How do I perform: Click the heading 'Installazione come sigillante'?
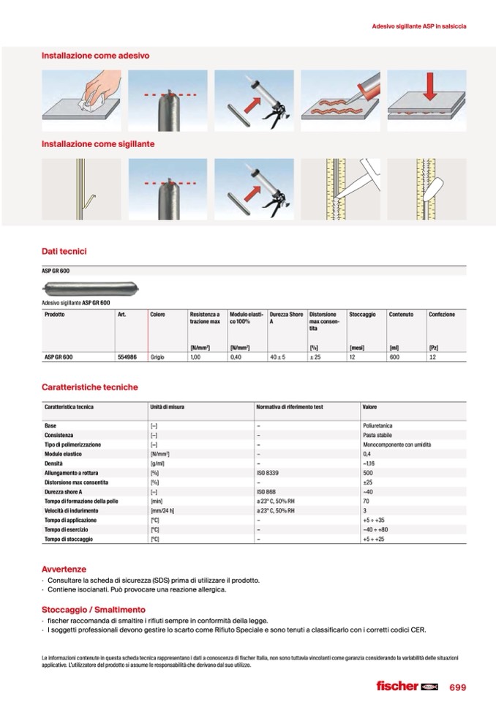pyautogui.click(x=97, y=144)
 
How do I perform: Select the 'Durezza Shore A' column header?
pyautogui.click(x=286, y=318)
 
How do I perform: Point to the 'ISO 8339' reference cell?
pyautogui.click(x=267, y=473)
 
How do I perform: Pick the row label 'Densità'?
pyautogui.click(x=55, y=463)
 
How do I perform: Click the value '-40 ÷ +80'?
pyautogui.click(x=376, y=529)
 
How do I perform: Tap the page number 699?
pyautogui.click(x=458, y=687)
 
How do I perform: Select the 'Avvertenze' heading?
pyautogui.click(x=64, y=569)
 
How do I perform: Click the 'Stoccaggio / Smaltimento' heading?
pyautogui.click(x=93, y=609)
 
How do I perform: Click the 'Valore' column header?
pyautogui.click(x=369, y=406)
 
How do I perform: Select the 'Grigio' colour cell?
pyautogui.click(x=158, y=356)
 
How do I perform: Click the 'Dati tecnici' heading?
pyautogui.click(x=64, y=251)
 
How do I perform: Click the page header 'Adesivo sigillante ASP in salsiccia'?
pyautogui.click(x=419, y=26)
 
